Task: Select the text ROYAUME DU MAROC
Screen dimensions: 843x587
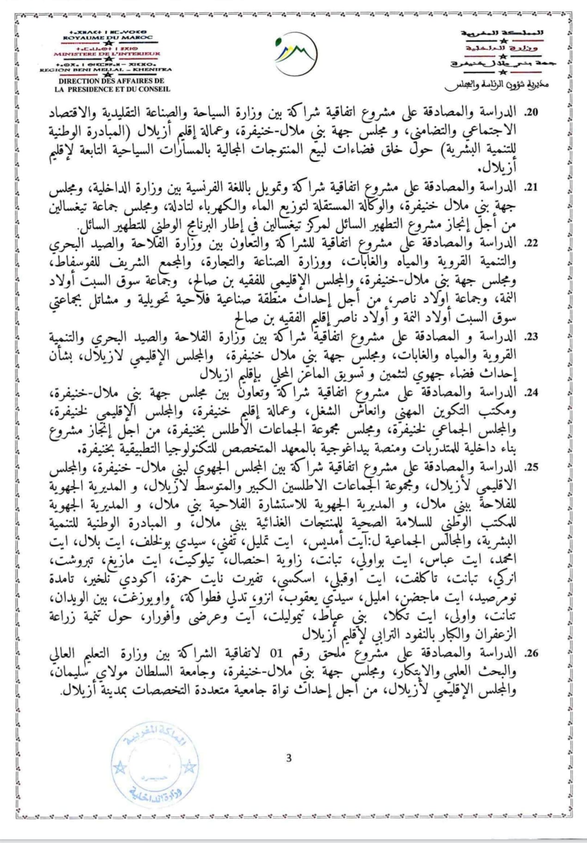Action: click(x=108, y=37)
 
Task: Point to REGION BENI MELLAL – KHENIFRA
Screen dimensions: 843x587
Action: click(x=106, y=70)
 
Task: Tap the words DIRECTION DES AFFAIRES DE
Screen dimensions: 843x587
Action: click(x=111, y=81)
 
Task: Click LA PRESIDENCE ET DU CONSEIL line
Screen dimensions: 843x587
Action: click(x=112, y=89)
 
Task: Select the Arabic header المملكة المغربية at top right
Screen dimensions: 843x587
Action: click(x=502, y=33)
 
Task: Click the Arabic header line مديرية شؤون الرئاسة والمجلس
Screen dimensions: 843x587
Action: click(x=497, y=86)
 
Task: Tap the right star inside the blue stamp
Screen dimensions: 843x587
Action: click(x=189, y=769)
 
